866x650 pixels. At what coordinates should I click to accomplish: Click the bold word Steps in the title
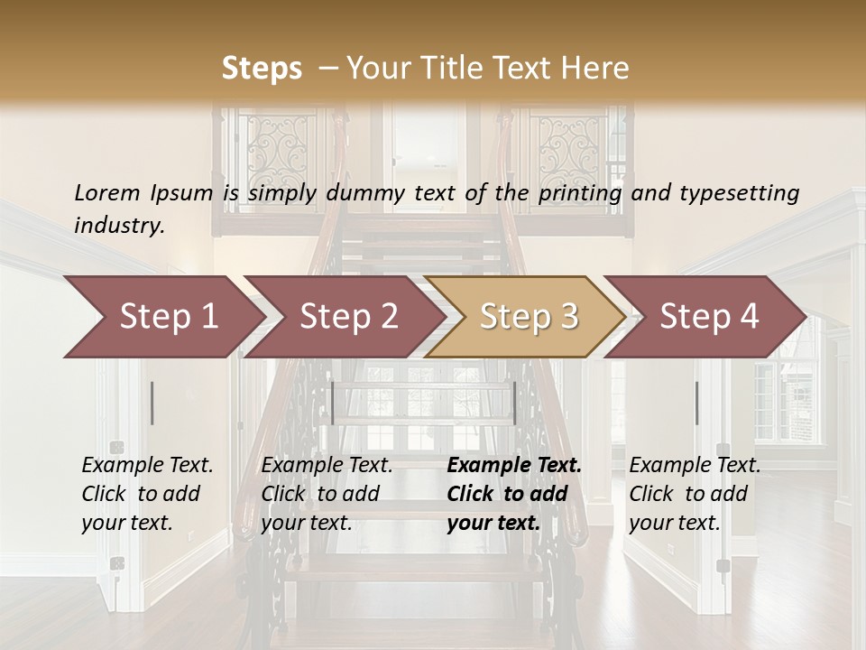[x=262, y=69]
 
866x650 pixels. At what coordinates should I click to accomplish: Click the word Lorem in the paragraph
[x=107, y=192]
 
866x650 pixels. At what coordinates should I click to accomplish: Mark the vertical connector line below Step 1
[x=152, y=403]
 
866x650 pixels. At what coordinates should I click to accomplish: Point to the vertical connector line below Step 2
[x=333, y=403]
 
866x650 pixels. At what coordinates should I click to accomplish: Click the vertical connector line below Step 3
[x=514, y=403]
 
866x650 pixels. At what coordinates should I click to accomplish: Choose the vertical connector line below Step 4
[x=696, y=403]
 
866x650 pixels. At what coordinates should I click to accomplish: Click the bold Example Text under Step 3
[x=514, y=465]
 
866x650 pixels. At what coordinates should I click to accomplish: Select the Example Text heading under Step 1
[x=147, y=465]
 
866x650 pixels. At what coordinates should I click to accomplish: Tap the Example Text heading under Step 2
[x=327, y=465]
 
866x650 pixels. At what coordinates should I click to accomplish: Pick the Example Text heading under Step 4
[x=695, y=465]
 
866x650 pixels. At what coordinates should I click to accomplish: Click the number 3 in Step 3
[x=568, y=317]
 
